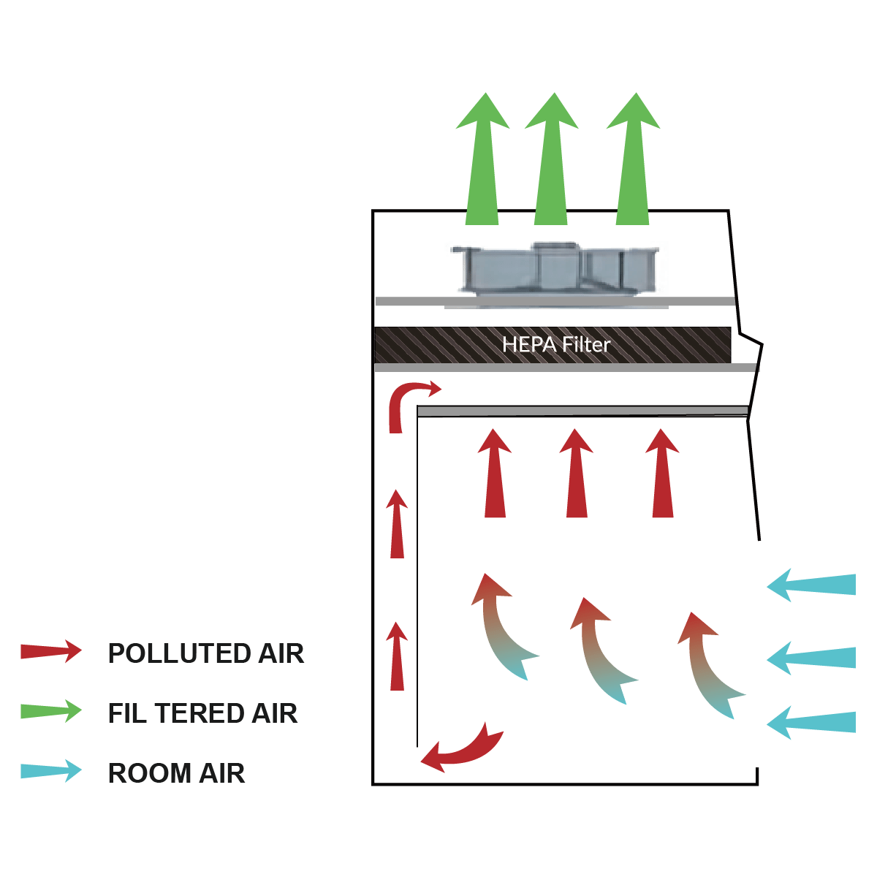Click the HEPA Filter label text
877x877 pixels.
coord(555,344)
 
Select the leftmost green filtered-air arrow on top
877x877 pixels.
coord(482,159)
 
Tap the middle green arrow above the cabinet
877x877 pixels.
coord(551,159)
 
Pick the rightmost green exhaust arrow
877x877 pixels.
coord(633,159)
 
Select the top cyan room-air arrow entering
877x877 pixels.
coord(811,585)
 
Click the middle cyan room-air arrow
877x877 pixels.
coord(811,658)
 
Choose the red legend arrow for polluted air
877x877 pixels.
coord(51,651)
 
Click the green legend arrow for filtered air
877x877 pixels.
coord(51,711)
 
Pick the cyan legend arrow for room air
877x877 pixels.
coord(51,770)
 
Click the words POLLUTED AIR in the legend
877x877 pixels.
coord(205,653)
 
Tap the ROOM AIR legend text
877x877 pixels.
coord(177,772)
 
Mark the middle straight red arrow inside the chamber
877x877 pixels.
coord(576,474)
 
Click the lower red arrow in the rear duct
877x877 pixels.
coord(397,656)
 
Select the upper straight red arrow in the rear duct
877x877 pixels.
coord(397,524)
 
